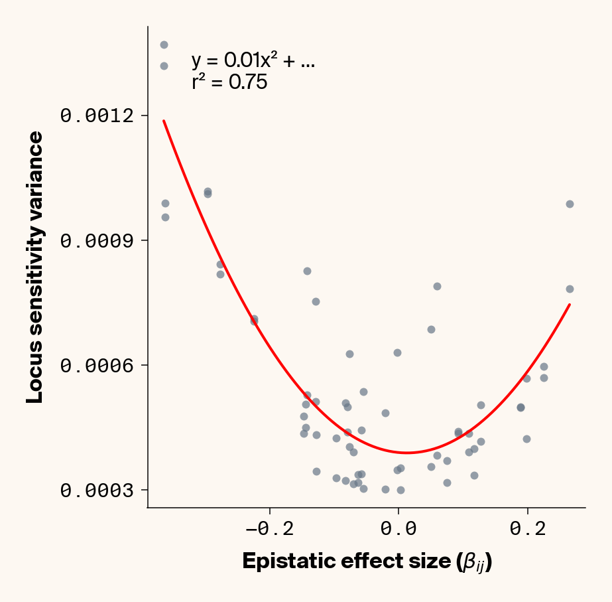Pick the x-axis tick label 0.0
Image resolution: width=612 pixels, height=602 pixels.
pyautogui.click(x=398, y=531)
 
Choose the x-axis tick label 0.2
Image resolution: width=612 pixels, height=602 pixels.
pyautogui.click(x=527, y=531)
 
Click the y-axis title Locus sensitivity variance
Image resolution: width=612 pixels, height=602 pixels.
pyautogui.click(x=35, y=267)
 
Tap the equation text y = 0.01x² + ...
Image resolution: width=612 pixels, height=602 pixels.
pyautogui.click(x=253, y=61)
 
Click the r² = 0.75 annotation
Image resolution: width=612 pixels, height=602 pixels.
pyautogui.click(x=229, y=83)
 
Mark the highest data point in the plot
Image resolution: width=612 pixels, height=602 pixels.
pyautogui.click(x=164, y=44)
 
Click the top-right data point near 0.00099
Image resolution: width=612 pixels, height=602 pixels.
pyautogui.click(x=570, y=204)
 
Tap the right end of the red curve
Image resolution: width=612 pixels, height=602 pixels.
pyautogui.click(x=570, y=305)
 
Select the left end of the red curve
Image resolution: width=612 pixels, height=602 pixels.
pyautogui.click(x=164, y=121)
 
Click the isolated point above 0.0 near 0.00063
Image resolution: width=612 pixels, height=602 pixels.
pyautogui.click(x=397, y=352)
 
